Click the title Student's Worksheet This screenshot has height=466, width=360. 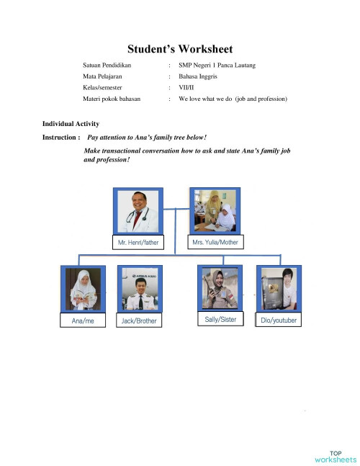point(180,50)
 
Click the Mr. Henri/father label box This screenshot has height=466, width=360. point(138,243)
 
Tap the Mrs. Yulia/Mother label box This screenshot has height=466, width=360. point(216,243)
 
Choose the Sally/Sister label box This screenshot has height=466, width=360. point(220,318)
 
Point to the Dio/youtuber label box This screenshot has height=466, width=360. point(278,320)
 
